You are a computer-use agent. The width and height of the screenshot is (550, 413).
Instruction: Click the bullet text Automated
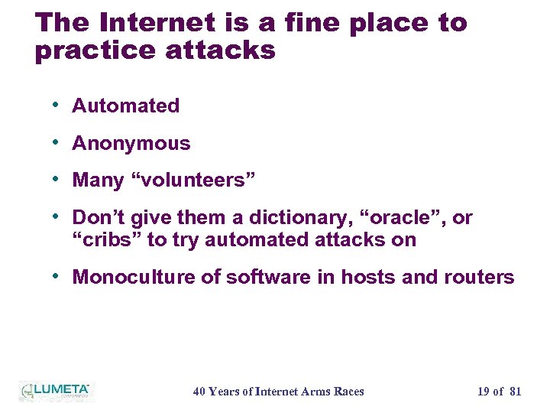click(125, 106)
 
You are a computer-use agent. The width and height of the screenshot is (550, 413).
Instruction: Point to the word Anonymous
click(131, 143)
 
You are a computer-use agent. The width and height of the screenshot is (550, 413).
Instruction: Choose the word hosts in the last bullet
click(368, 277)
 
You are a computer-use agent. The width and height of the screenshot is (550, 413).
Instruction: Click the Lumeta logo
click(55, 391)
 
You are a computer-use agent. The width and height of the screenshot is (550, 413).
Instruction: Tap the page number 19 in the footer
click(484, 392)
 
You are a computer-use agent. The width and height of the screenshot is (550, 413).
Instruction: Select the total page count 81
click(515, 392)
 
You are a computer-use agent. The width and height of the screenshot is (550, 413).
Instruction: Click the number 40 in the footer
click(199, 392)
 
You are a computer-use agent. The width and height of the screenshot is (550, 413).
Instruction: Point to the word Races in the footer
click(348, 392)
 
